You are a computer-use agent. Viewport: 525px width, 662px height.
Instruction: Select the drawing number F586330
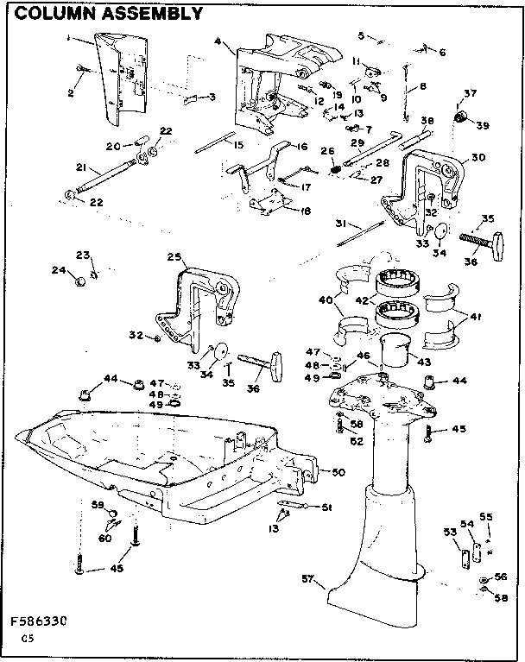point(39,621)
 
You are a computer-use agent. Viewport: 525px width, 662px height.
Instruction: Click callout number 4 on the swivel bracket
point(218,41)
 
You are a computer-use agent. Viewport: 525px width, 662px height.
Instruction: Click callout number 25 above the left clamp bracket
point(173,256)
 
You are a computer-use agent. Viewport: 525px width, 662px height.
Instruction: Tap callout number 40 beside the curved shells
point(324,303)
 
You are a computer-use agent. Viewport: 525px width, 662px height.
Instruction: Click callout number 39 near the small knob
point(482,126)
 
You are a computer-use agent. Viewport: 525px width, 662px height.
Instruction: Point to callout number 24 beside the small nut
point(58,270)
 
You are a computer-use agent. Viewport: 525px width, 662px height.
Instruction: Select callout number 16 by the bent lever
point(302,148)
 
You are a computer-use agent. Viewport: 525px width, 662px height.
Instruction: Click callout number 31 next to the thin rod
point(342,223)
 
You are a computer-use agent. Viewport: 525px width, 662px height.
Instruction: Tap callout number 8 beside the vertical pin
point(422,86)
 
